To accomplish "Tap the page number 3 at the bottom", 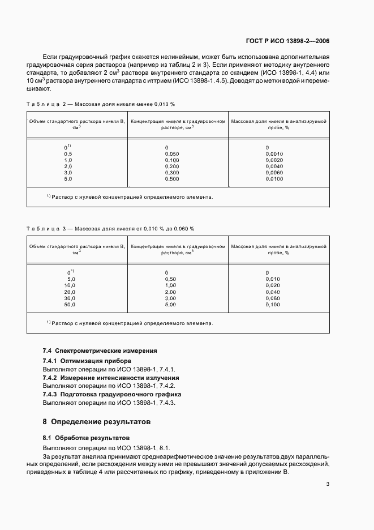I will click(328, 484).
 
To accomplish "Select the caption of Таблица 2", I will click(101, 105).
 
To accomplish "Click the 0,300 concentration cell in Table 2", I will click(171, 173).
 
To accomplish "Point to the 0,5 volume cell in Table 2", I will click(68, 154).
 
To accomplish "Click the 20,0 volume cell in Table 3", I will click(70, 292).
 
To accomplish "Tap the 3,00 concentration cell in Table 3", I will click(170, 298).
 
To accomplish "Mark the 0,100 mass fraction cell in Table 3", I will click(273, 304).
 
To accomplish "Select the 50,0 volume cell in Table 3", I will click(70, 304).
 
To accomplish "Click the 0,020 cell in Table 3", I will click(273, 285).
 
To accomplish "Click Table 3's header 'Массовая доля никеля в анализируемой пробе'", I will click(279, 250).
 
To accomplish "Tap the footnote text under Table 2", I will click(130, 198).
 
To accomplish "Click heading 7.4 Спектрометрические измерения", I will click(100, 351).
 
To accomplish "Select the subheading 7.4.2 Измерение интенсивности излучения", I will click(111, 378).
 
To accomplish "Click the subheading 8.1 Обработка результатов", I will click(86, 438).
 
